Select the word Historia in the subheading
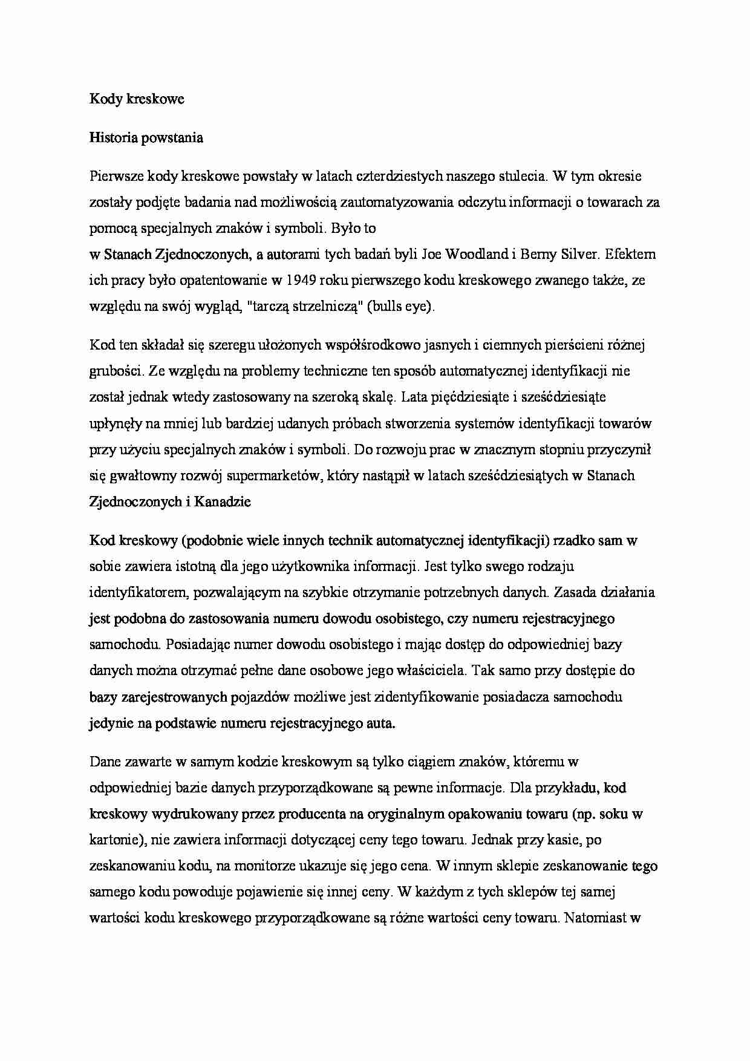(x=113, y=138)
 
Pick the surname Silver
(x=578, y=255)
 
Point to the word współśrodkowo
(x=370, y=345)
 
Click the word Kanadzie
(x=222, y=501)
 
